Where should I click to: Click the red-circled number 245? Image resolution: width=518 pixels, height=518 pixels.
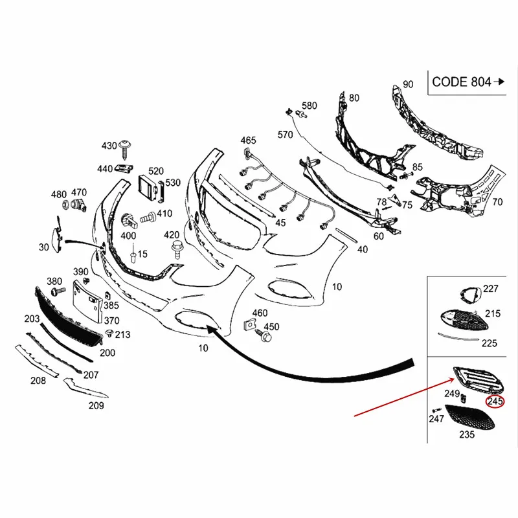click(495, 401)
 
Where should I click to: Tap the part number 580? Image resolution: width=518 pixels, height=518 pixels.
click(310, 106)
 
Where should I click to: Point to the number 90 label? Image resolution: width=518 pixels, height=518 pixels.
click(408, 85)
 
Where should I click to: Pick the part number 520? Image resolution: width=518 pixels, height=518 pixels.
click(157, 171)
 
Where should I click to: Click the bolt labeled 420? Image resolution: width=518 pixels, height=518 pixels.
click(175, 247)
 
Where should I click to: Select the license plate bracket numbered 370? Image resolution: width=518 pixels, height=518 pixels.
click(88, 302)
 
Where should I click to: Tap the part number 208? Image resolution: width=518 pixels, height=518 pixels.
click(38, 381)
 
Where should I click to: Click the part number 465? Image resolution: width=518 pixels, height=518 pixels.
click(249, 141)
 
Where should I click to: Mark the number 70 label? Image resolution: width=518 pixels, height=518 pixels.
click(497, 202)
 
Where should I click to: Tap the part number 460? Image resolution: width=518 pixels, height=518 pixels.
click(260, 314)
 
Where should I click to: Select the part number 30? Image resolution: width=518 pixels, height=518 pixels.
click(44, 247)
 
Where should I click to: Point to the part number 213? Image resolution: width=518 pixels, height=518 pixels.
click(123, 335)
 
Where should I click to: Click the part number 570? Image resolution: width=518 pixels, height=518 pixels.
click(286, 135)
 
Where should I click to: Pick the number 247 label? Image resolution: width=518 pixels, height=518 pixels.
click(436, 420)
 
